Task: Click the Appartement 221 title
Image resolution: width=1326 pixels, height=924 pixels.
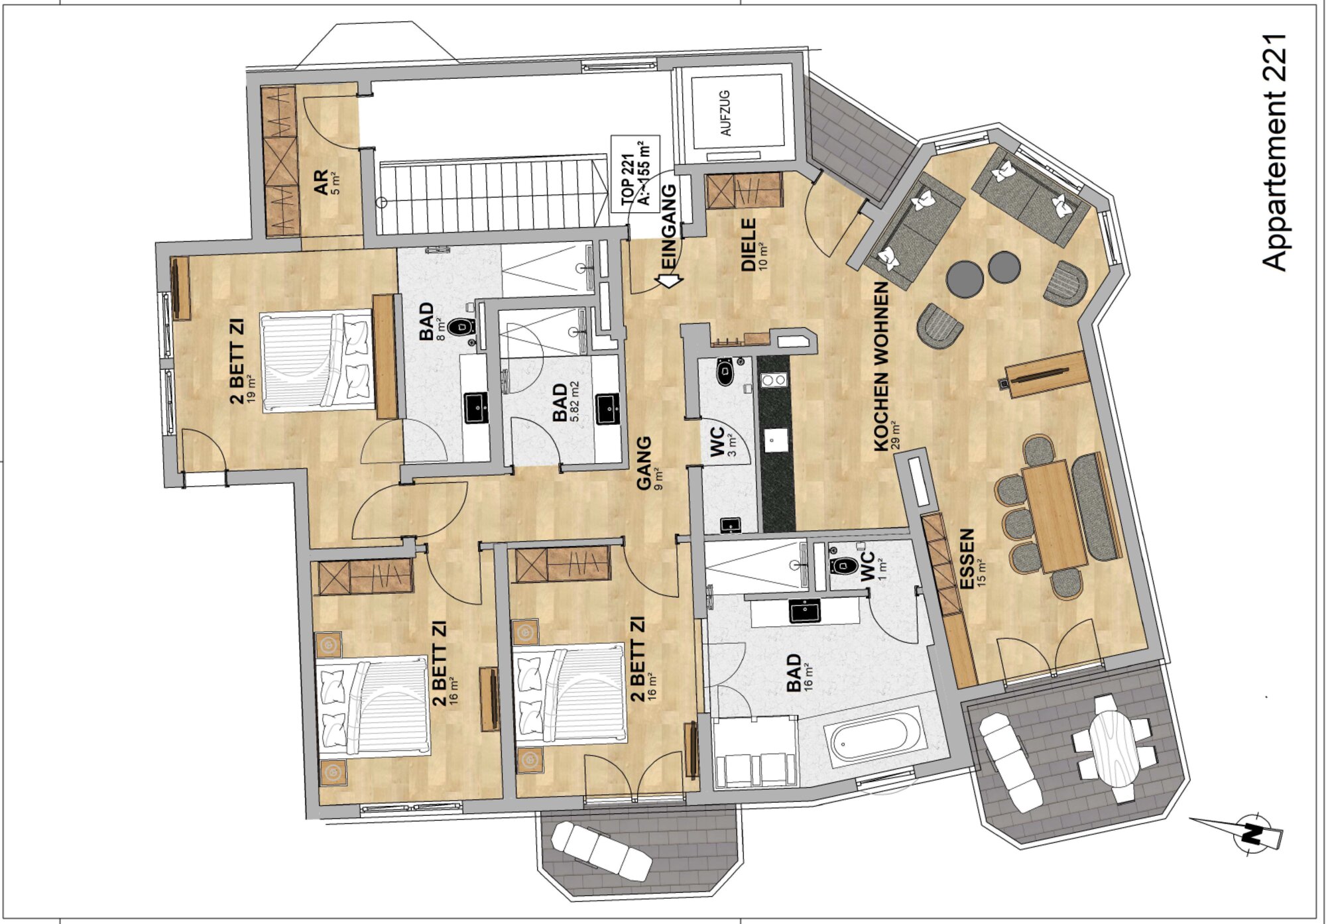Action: pyautogui.click(x=1274, y=152)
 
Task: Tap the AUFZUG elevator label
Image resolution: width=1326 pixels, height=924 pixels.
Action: pyautogui.click(x=726, y=113)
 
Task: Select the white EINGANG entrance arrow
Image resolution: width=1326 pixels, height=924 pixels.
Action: pyautogui.click(x=670, y=280)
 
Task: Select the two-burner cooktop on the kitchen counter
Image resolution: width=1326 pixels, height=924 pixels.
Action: pyautogui.click(x=773, y=380)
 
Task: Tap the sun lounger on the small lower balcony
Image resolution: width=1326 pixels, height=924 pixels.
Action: pyautogui.click(x=600, y=851)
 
